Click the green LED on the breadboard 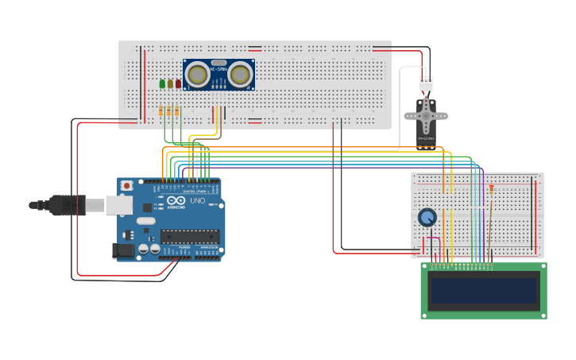(x=162, y=83)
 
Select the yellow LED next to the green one (x=170, y=83)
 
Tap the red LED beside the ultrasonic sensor (x=178, y=83)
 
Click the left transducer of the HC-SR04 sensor (x=199, y=75)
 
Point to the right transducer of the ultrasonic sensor (x=239, y=75)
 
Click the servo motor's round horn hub (x=427, y=114)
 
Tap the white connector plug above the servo (x=427, y=83)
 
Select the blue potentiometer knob (x=427, y=217)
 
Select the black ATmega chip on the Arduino (x=190, y=236)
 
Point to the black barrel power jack (x=122, y=250)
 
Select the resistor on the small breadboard (x=491, y=189)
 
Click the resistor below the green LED (x=161, y=111)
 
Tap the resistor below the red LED (x=177, y=111)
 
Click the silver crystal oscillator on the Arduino (x=145, y=220)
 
